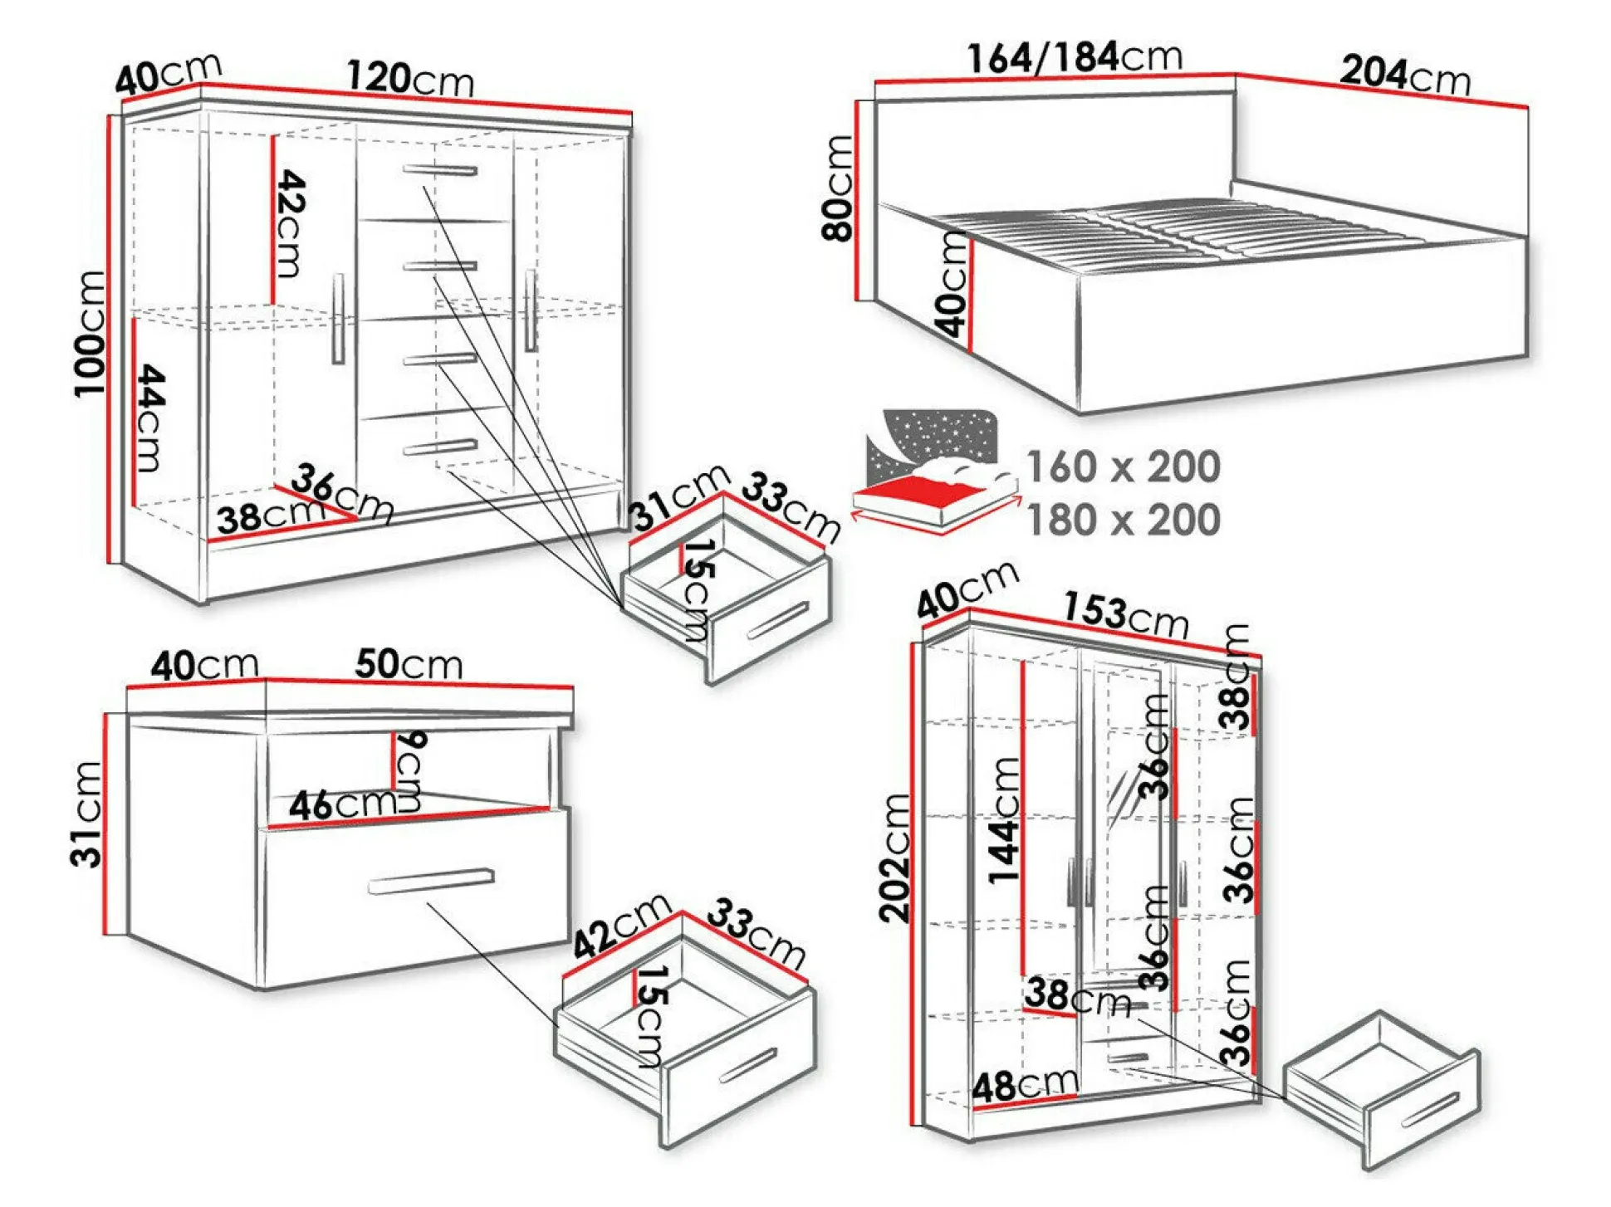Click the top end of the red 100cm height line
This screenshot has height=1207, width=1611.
click(x=109, y=115)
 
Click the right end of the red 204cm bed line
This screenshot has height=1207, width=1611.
click(x=1527, y=107)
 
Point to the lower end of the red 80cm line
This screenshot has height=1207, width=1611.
click(x=856, y=300)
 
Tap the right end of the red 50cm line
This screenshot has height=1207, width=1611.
click(x=572, y=687)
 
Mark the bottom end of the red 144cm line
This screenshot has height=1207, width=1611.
click(x=1023, y=975)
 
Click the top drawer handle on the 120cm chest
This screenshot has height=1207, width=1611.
click(x=440, y=170)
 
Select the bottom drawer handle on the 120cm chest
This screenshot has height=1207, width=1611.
click(x=440, y=447)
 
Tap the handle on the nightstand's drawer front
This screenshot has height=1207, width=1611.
click(x=431, y=881)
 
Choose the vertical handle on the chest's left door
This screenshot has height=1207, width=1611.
click(x=338, y=319)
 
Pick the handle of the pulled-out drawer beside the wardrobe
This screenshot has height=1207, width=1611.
click(x=1430, y=1109)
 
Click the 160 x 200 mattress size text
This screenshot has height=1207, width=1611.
click(x=1124, y=467)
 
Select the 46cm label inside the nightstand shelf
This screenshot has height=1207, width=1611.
click(x=342, y=804)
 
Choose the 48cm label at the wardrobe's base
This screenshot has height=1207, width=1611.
click(x=1026, y=1085)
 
